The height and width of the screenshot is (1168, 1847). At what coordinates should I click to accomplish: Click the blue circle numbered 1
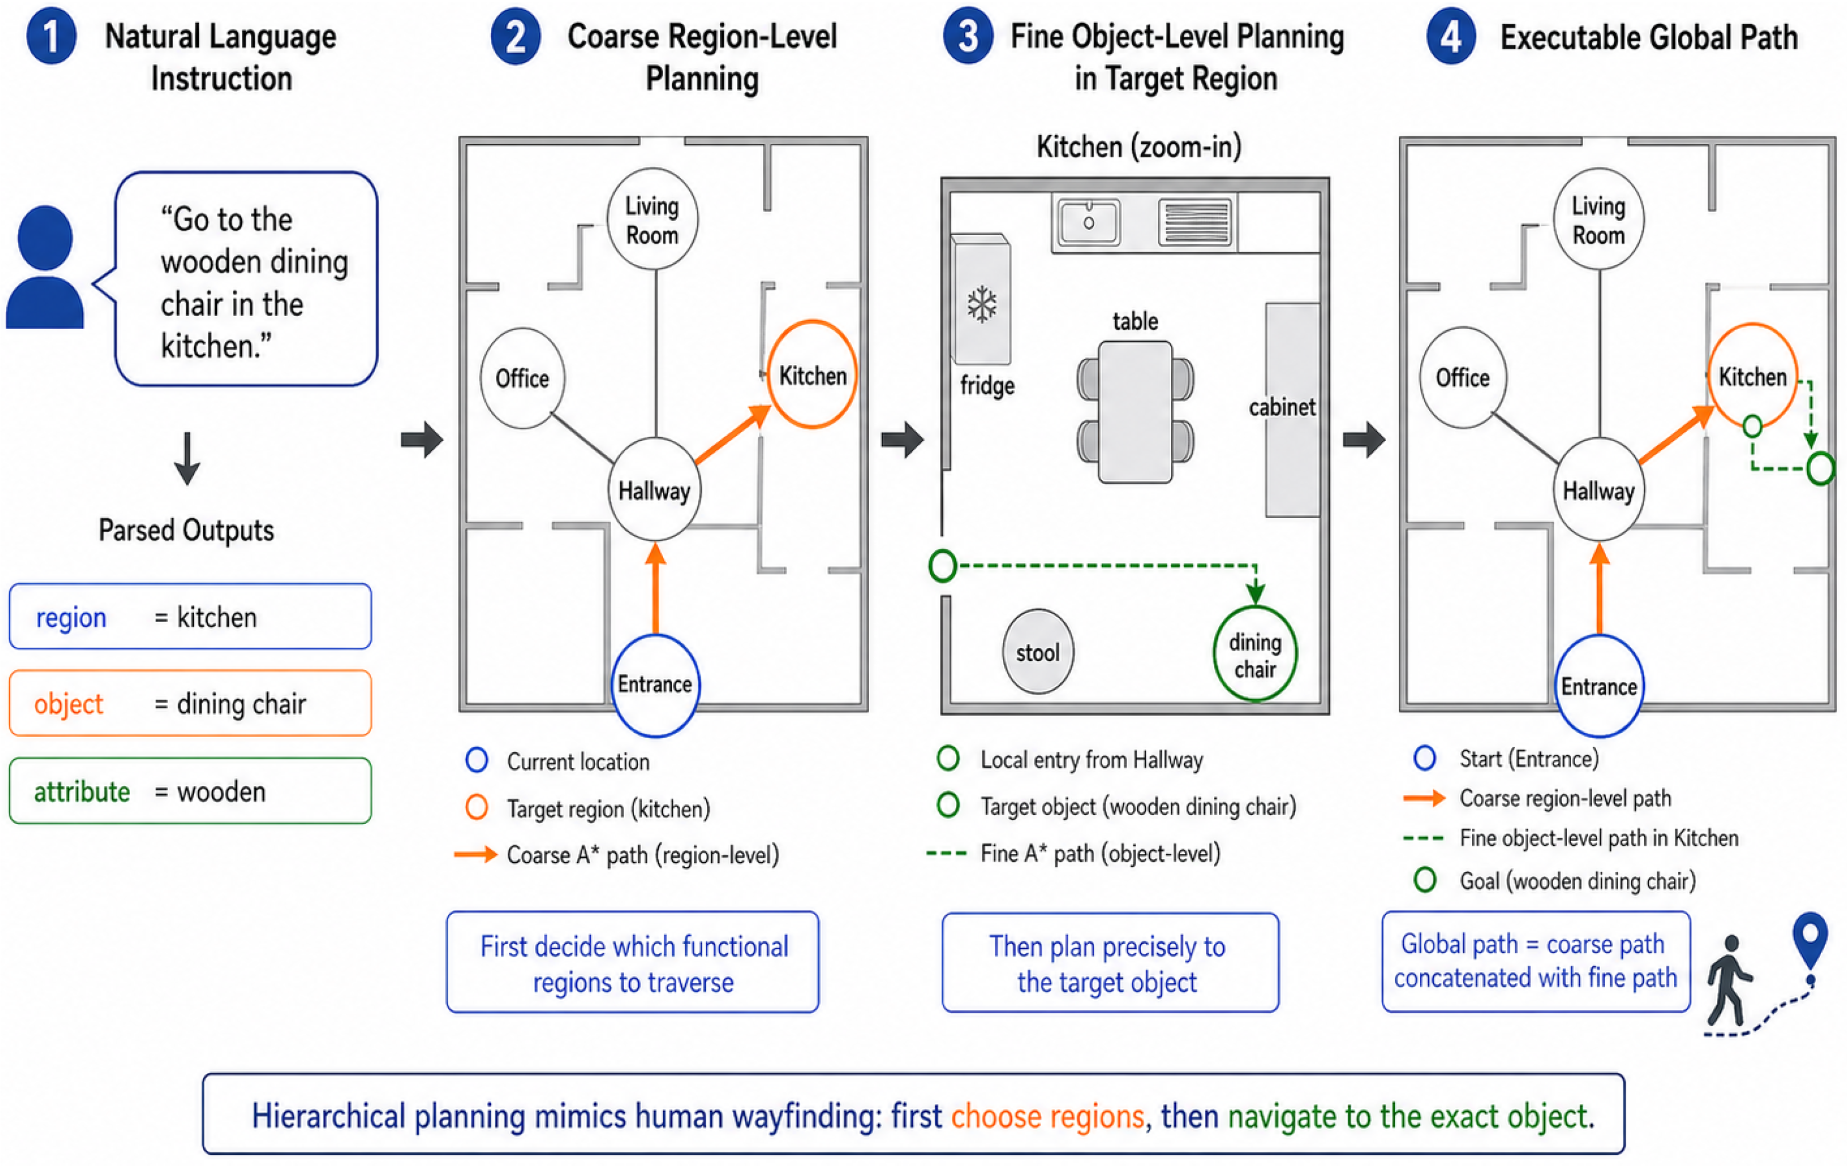(x=50, y=36)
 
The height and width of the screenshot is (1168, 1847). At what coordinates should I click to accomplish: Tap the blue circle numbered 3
(x=968, y=36)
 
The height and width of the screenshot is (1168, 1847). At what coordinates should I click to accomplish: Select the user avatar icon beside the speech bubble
(x=45, y=267)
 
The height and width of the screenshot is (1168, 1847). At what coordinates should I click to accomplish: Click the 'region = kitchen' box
(x=190, y=616)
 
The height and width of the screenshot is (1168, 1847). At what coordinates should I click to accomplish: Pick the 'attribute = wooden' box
(x=190, y=791)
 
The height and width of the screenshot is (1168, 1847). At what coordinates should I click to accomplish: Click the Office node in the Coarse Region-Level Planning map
(x=522, y=378)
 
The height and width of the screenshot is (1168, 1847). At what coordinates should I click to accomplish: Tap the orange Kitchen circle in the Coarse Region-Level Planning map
(x=813, y=375)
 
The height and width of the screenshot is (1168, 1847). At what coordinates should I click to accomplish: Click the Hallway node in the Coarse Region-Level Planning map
(x=654, y=490)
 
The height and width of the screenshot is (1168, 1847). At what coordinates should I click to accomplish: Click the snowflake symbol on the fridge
(x=982, y=304)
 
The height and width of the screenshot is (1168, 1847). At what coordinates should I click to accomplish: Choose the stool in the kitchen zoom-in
(x=1038, y=652)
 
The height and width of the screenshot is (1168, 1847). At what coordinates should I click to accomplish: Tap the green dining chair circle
(x=1255, y=654)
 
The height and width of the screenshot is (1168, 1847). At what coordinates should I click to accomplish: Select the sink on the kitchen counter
(x=1088, y=222)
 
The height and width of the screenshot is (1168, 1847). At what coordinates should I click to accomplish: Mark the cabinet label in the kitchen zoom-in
(x=1282, y=407)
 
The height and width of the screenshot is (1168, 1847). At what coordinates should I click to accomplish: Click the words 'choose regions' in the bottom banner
(x=1048, y=1116)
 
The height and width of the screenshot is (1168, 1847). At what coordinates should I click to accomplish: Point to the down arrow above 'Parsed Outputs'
(x=187, y=459)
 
